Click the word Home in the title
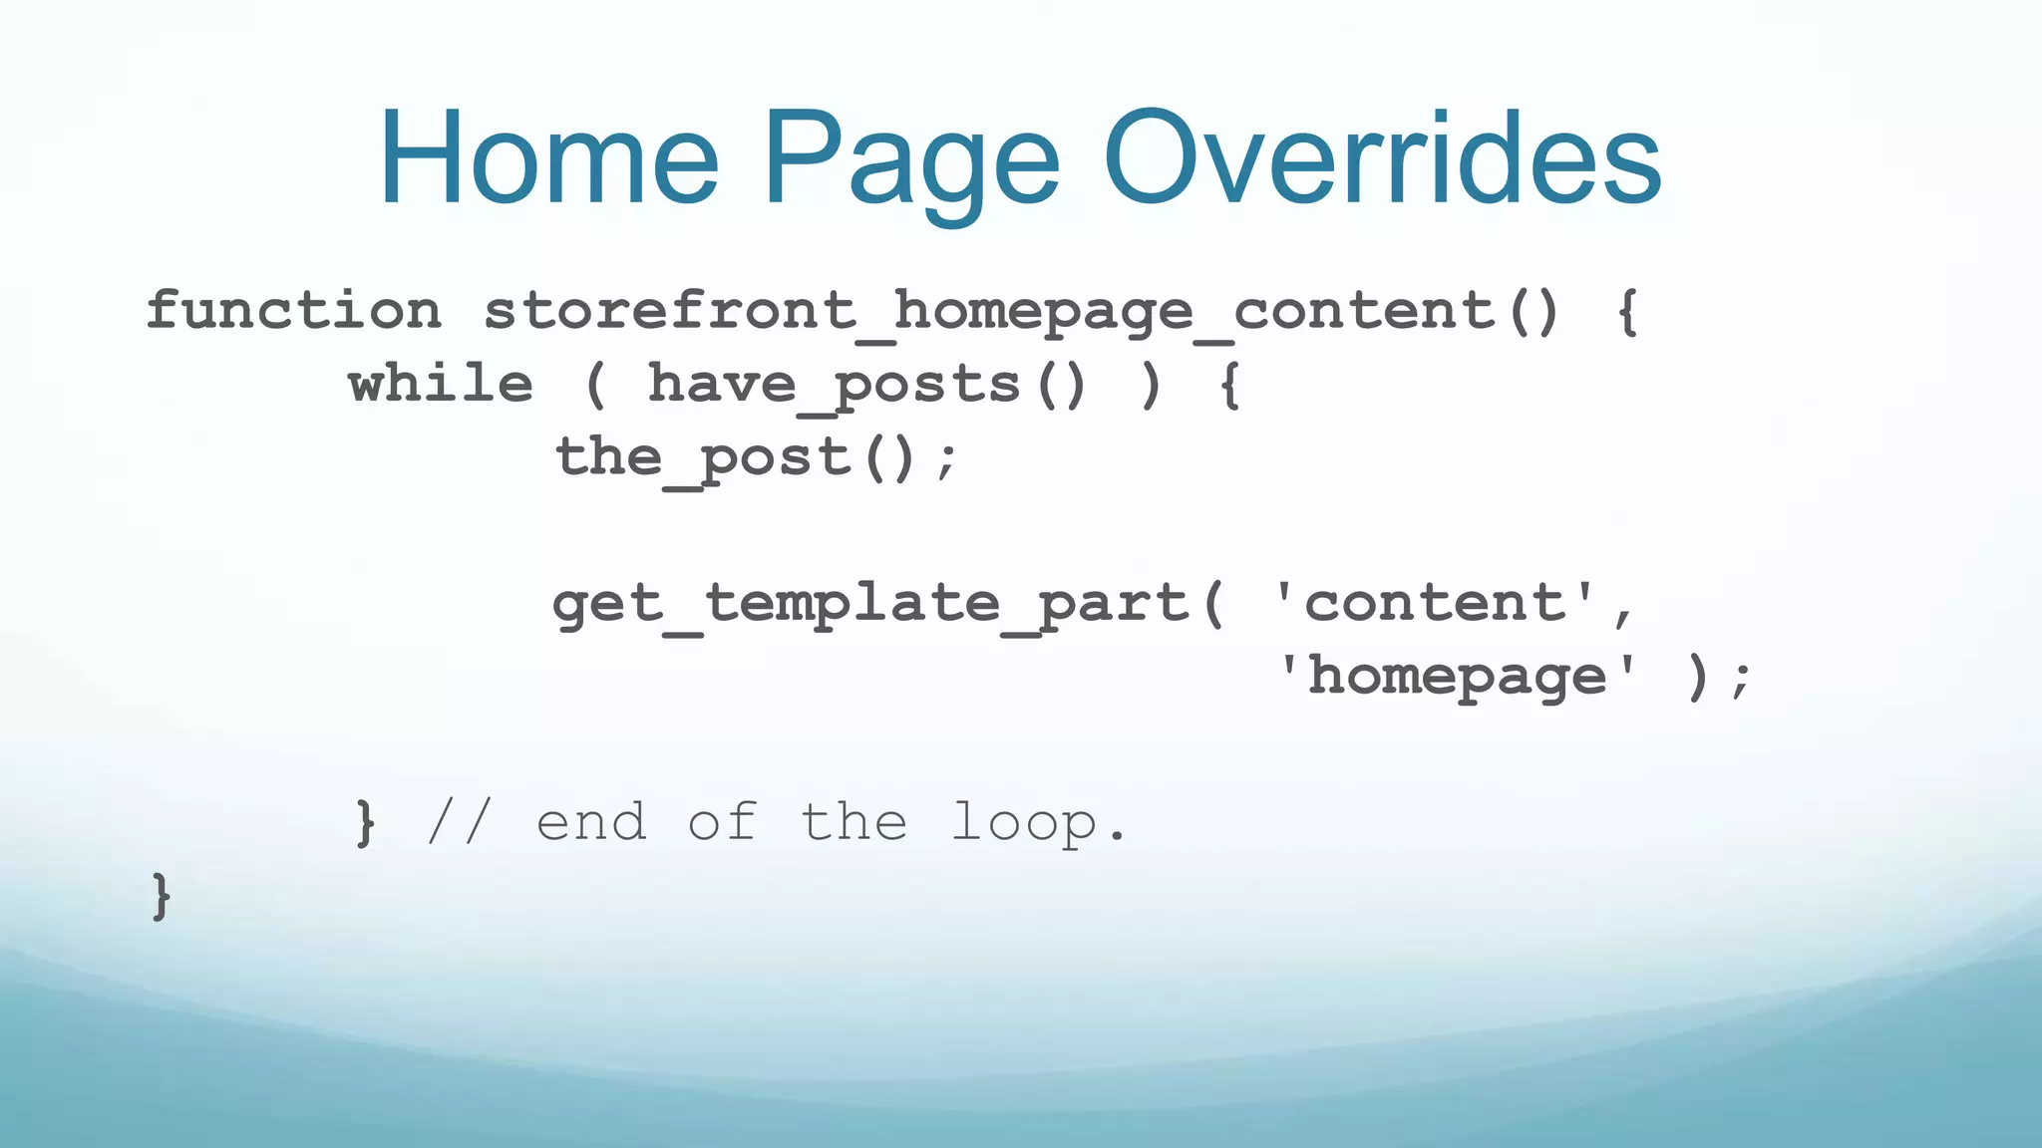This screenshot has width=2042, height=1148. pyautogui.click(x=548, y=159)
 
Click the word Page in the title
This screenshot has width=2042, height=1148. pyautogui.click(x=911, y=164)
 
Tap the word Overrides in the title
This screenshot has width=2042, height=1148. pyautogui.click(x=1382, y=159)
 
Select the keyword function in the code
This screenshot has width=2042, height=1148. pyautogui.click(x=294, y=310)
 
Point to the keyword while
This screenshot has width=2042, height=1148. pyautogui.click(x=441, y=385)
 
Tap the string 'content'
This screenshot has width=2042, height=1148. pyautogui.click(x=1436, y=604)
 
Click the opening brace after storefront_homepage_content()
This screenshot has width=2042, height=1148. pyautogui.click(x=1627, y=312)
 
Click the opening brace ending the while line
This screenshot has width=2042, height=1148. pyautogui.click(x=1230, y=386)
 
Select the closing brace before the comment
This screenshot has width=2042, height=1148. pyautogui.click(x=366, y=823)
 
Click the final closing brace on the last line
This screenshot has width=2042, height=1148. pyautogui.click(x=161, y=896)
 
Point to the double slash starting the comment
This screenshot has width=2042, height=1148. pyautogui.click(x=459, y=823)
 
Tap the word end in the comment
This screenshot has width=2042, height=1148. pyautogui.click(x=591, y=823)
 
